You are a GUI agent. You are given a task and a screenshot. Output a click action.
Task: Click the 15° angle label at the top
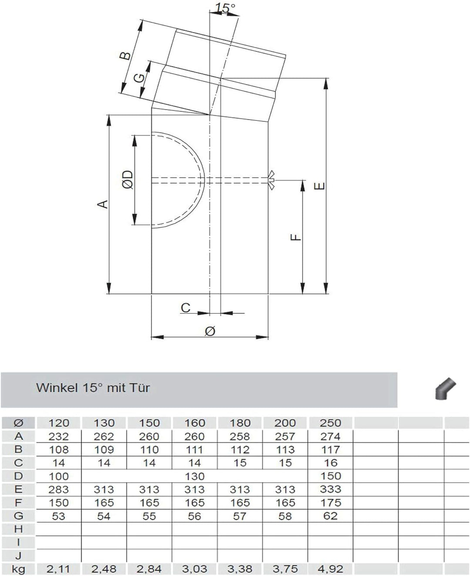click(x=225, y=7)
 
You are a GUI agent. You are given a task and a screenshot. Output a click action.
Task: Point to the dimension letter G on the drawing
click(x=138, y=78)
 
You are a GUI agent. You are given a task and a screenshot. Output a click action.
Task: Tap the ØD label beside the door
click(x=128, y=180)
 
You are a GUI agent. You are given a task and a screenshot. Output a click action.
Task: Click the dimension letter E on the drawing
click(x=319, y=186)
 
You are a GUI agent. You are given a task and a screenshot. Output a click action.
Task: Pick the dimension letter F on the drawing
click(x=295, y=237)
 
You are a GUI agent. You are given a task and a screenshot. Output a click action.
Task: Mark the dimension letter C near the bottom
click(x=186, y=308)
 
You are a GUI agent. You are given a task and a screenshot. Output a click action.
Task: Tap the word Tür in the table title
click(x=140, y=387)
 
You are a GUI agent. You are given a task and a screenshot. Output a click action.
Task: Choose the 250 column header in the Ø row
click(x=330, y=422)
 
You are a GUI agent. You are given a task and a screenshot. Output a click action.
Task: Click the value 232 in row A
click(x=59, y=436)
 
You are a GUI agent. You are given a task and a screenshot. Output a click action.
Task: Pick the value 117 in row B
click(x=330, y=449)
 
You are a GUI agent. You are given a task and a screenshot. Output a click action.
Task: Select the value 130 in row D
click(x=195, y=476)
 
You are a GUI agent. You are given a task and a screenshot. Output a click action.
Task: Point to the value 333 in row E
click(x=330, y=489)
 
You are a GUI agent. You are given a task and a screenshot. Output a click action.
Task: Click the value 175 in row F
click(x=330, y=502)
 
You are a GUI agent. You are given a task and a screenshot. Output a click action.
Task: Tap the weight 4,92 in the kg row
click(x=330, y=569)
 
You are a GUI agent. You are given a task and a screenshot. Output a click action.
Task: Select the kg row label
click(x=18, y=569)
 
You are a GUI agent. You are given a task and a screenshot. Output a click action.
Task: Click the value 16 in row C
click(x=330, y=463)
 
